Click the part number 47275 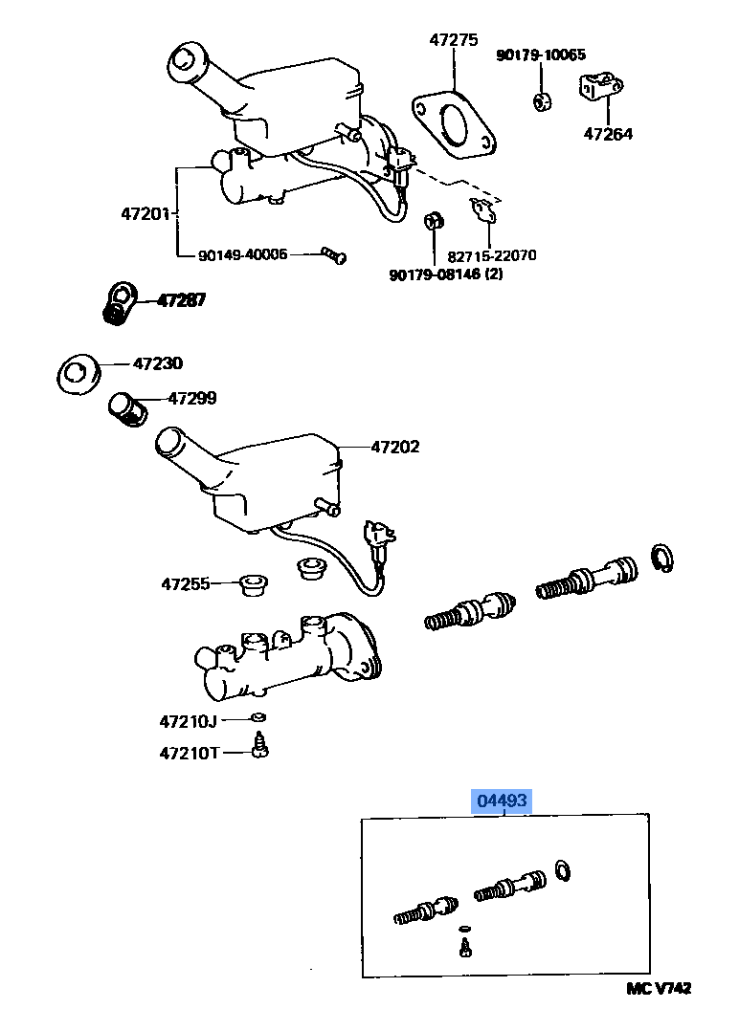[453, 41]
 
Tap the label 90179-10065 [541, 55]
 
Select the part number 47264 [608, 135]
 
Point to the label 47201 [146, 216]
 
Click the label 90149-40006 [242, 254]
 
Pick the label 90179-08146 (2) [446, 275]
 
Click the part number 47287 [181, 300]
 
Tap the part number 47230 [157, 363]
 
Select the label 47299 [192, 398]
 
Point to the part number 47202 [395, 447]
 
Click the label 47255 [185, 582]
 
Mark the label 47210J [190, 720]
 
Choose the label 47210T [190, 753]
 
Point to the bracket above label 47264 [594, 89]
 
